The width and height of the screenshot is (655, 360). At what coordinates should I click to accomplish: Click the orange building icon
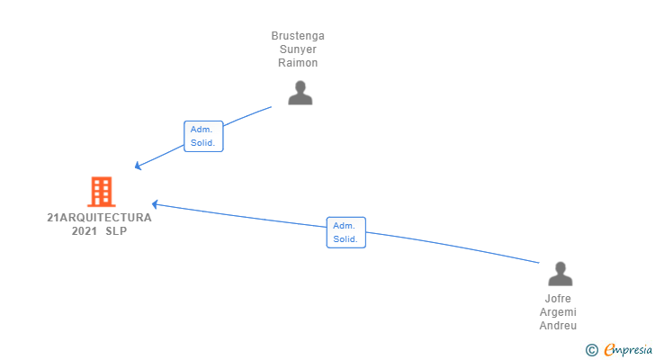[102, 191]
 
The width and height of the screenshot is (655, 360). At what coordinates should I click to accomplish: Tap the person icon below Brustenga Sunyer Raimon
[300, 92]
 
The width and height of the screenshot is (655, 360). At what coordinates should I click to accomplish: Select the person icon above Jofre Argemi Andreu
[560, 274]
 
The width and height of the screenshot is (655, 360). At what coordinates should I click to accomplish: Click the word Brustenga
[298, 36]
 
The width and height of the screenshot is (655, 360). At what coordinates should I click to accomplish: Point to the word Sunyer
[298, 49]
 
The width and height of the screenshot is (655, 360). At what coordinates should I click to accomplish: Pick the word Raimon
[298, 63]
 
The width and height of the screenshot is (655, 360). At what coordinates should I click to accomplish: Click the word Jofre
[558, 299]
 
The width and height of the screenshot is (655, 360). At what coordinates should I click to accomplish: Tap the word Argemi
[558, 312]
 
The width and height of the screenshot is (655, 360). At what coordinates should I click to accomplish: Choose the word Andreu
[558, 326]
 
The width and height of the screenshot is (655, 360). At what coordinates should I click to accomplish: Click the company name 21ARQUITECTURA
[99, 217]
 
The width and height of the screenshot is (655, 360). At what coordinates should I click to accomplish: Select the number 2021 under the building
[84, 230]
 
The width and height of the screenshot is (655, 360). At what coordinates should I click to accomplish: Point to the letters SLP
[116, 230]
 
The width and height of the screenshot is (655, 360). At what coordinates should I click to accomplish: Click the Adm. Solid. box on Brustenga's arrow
[203, 136]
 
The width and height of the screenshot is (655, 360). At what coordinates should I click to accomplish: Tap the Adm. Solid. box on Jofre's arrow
[345, 232]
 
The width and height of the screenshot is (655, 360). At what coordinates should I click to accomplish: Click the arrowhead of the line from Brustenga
[137, 166]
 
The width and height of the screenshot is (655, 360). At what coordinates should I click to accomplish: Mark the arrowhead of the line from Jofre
[154, 204]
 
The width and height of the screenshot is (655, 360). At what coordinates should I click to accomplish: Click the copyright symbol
[591, 349]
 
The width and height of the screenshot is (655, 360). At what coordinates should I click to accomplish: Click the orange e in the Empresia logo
[609, 349]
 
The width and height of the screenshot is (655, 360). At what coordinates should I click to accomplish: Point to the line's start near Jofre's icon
[537, 262]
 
